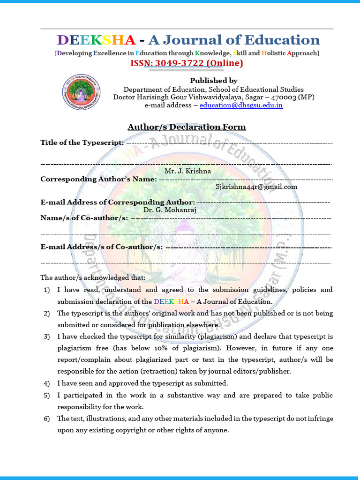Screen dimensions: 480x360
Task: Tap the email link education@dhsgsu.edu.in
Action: coord(241,105)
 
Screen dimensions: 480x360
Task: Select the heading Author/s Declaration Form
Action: coord(187,127)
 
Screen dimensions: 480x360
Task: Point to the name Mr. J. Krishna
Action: coord(187,171)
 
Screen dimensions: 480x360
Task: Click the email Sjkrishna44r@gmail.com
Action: coord(256,187)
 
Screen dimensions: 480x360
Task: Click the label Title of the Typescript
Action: coord(82,142)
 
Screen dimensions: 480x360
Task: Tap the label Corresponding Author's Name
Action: coord(98,179)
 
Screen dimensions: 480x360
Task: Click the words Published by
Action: coord(213,81)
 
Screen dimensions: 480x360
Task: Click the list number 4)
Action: coord(47,383)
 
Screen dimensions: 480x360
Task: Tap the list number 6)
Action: coord(47,419)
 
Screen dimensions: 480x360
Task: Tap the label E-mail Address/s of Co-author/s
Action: coord(102,247)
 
